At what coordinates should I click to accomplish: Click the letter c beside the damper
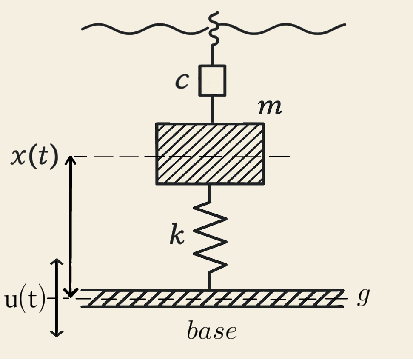click(182, 81)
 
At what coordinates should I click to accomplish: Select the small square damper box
click(212, 80)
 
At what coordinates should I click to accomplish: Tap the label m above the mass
click(270, 108)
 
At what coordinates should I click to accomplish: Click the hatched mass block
click(210, 154)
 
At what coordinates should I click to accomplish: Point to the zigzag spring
click(210, 237)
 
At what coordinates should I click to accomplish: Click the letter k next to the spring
click(177, 234)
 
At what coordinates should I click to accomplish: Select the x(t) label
click(34, 157)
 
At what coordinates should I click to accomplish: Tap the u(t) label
click(25, 299)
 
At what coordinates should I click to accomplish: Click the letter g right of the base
click(364, 297)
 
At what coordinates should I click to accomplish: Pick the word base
click(212, 330)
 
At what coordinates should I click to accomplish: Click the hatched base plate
click(212, 298)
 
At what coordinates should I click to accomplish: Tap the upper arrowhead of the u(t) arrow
click(57, 261)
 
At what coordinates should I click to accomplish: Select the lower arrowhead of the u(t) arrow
click(57, 334)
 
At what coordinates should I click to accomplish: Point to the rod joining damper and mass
click(212, 109)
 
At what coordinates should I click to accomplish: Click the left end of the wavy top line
click(82, 29)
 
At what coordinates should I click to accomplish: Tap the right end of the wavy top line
click(345, 25)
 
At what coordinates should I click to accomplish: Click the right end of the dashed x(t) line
click(289, 156)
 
